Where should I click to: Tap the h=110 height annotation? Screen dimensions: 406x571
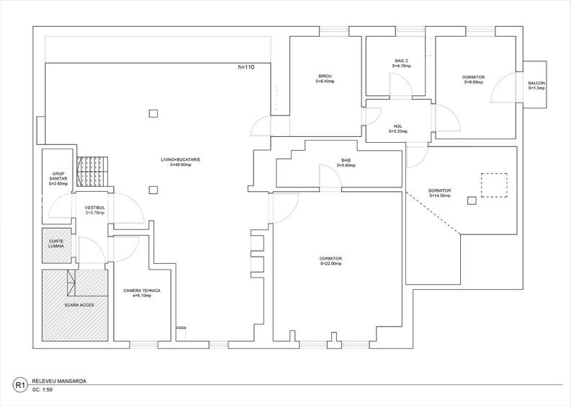[x=246, y=67]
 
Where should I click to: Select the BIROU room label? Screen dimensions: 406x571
[x=325, y=76]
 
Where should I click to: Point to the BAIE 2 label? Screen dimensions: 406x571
[x=401, y=61]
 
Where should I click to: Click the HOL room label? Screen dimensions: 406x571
[x=398, y=126]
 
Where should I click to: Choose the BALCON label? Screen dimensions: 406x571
[x=536, y=83]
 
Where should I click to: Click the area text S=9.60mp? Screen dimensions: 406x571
[x=473, y=82]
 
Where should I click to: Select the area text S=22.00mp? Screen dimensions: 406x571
[x=331, y=263]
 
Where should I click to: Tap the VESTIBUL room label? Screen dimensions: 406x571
[x=94, y=208]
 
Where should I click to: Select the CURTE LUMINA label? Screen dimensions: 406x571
[x=57, y=243]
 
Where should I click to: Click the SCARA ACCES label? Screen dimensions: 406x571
[x=74, y=304]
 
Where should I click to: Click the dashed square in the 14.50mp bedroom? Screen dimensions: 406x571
[x=494, y=185]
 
